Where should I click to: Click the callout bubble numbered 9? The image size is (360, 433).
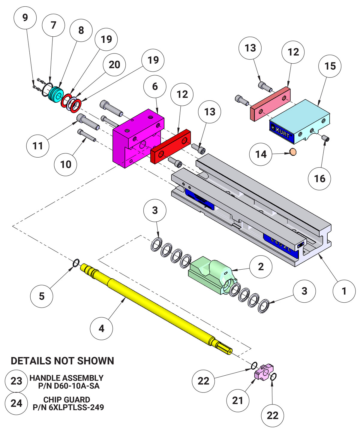pos(25,18)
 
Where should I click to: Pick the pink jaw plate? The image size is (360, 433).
pos(270,104)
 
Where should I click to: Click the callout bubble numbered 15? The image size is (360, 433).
pos(330,66)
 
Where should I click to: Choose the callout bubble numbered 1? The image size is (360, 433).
pos(344,291)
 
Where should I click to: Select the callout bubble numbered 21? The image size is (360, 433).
pos(238,400)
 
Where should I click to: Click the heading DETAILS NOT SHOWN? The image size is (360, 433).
pos(62,361)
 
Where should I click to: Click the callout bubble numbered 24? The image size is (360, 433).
pos(16,403)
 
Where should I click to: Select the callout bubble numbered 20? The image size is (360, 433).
pos(114,65)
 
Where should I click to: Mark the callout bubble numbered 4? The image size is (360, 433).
pos(101,329)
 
